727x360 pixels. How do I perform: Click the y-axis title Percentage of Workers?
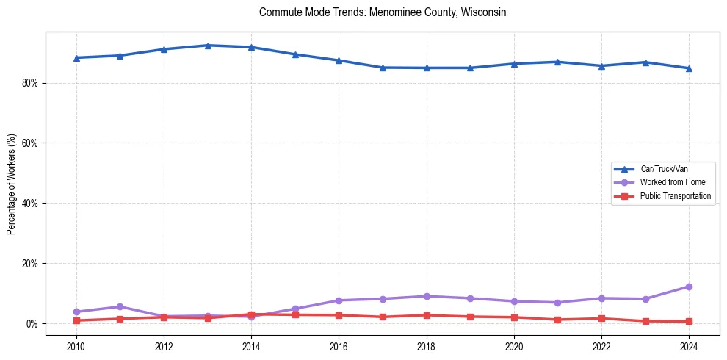(x=12, y=184)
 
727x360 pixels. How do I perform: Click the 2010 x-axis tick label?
(x=76, y=346)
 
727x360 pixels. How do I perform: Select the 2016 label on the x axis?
(x=339, y=346)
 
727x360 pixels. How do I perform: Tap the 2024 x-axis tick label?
(x=689, y=346)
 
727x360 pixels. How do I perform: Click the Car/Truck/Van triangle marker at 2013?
(x=208, y=46)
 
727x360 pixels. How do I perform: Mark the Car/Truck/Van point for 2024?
(x=689, y=68)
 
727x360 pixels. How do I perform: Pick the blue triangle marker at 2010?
(x=76, y=57)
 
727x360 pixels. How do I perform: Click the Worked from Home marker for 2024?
(x=689, y=287)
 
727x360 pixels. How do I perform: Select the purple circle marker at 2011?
(x=120, y=306)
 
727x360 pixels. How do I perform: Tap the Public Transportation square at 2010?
(x=76, y=320)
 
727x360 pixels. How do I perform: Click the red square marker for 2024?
(x=689, y=321)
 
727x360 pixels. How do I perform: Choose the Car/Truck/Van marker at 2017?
(x=383, y=68)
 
